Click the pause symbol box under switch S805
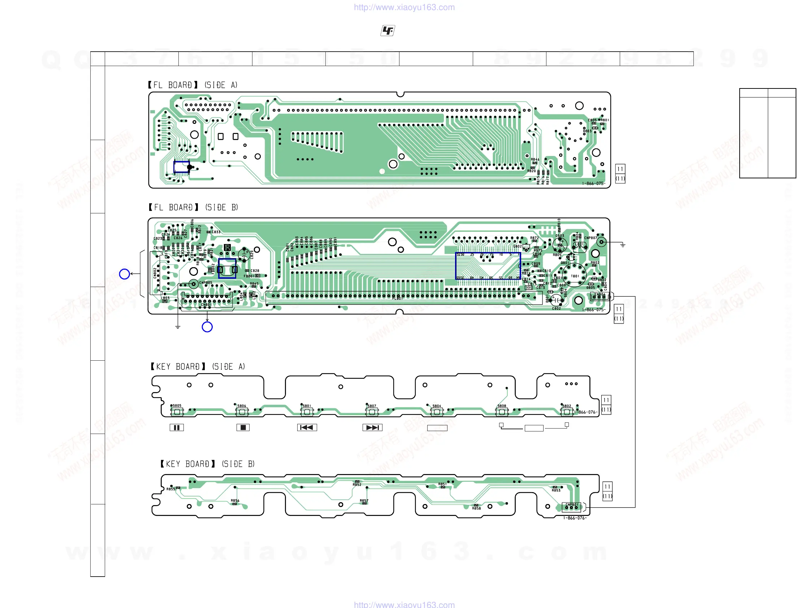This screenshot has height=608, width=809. (x=177, y=427)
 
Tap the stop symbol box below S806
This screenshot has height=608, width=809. (x=243, y=427)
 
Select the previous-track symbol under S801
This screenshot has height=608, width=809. (x=307, y=427)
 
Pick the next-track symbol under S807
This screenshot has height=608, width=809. (x=372, y=427)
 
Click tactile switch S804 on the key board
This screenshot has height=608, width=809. (x=437, y=412)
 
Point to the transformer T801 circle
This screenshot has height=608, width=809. (x=574, y=275)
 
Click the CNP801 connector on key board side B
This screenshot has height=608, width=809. (x=572, y=507)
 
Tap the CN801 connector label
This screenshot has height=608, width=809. (x=206, y=305)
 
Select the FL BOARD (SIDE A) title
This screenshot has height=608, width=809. (x=193, y=85)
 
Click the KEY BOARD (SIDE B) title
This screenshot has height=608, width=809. (x=207, y=464)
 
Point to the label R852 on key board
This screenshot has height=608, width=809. (x=357, y=485)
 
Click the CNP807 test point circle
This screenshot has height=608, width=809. (x=602, y=242)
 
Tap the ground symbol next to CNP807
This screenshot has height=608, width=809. (x=623, y=244)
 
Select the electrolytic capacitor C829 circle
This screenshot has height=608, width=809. (x=244, y=254)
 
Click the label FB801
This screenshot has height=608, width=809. (x=249, y=276)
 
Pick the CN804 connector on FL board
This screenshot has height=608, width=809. (x=600, y=296)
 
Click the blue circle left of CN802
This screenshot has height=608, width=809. (x=124, y=274)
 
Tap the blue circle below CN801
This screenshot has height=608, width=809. (x=207, y=327)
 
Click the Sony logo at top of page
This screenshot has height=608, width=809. (x=388, y=31)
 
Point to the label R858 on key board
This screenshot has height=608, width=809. (x=476, y=509)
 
